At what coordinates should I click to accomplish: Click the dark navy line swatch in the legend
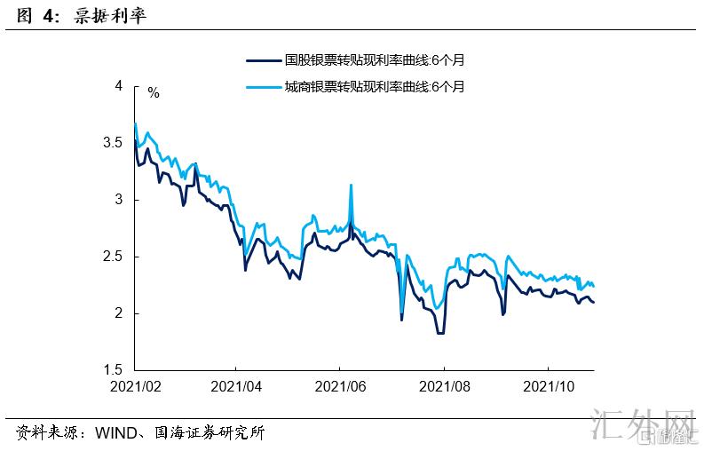tap(263, 61)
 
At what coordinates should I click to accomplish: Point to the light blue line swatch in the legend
tap(263, 87)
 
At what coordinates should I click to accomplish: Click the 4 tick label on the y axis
tap(118, 86)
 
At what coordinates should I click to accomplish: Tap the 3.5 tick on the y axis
tap(113, 143)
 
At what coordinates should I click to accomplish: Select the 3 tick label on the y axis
tap(118, 200)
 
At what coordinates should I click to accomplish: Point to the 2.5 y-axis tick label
tap(113, 257)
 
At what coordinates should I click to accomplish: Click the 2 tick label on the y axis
tap(118, 313)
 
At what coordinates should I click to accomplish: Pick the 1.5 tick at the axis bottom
tap(113, 370)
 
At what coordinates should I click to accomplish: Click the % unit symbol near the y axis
tap(154, 93)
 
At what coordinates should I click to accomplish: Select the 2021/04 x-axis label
tap(235, 387)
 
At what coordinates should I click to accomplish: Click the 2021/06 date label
tap(340, 387)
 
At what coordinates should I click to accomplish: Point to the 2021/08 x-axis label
tap(445, 387)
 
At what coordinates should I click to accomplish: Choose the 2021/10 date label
tap(549, 387)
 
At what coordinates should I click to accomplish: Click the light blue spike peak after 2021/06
tap(352, 185)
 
